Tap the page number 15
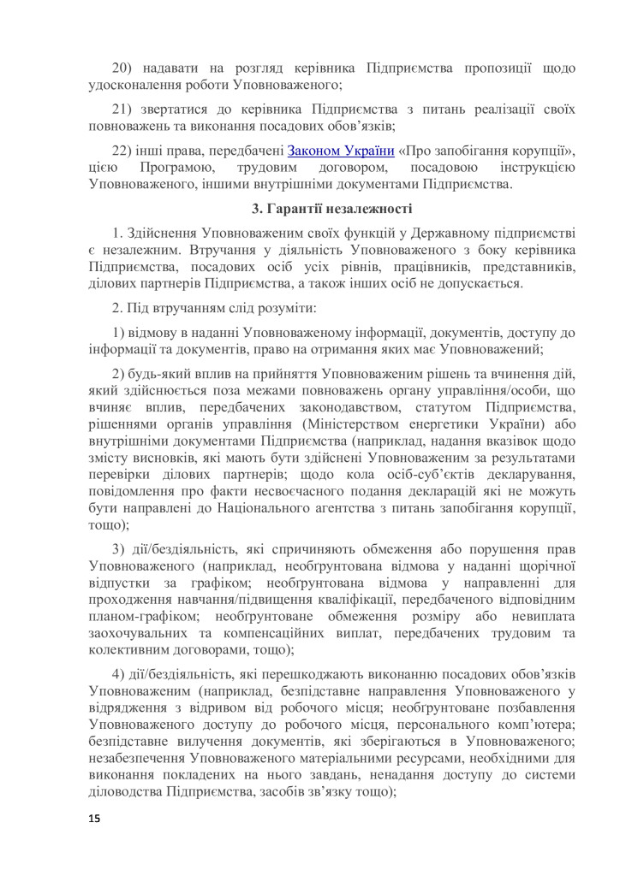94,820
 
